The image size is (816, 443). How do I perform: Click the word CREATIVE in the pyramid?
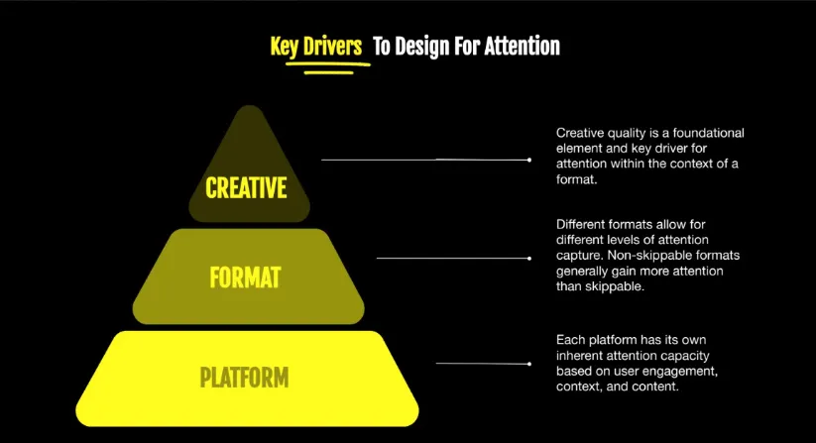[x=246, y=187]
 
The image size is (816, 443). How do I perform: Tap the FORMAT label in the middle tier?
[x=245, y=277]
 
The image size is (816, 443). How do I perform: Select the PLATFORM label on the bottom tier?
[x=244, y=378]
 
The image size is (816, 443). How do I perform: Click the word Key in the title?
[x=285, y=47]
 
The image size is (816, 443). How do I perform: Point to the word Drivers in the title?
[x=332, y=46]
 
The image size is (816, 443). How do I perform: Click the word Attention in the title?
[x=522, y=46]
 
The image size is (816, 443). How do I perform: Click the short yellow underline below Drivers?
[x=328, y=72]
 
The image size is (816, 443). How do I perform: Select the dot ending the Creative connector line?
[x=529, y=160]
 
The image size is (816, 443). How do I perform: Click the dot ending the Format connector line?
[x=529, y=258]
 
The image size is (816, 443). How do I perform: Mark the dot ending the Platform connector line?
[x=529, y=364]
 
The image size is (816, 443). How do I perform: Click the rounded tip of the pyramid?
[x=249, y=107]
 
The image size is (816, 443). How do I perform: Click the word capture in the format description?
[x=579, y=256]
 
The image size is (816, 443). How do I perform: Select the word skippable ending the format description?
[x=618, y=287]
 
